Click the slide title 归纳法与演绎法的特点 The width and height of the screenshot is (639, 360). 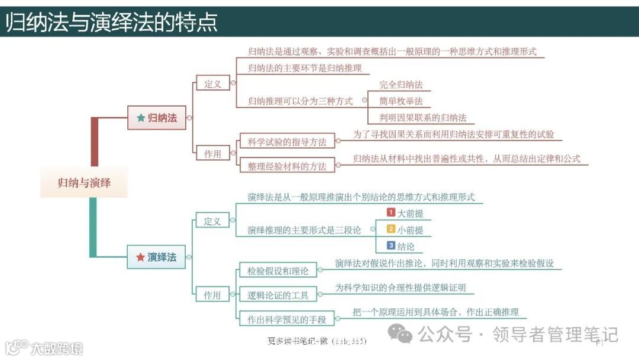(112, 22)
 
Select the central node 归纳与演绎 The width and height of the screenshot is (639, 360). (84, 183)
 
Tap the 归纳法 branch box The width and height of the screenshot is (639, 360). (156, 118)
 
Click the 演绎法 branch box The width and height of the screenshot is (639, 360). (156, 257)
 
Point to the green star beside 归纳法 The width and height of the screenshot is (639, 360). (141, 118)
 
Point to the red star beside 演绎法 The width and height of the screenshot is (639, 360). (140, 257)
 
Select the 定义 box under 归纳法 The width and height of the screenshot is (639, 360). (213, 83)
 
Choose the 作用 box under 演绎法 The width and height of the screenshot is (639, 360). (212, 295)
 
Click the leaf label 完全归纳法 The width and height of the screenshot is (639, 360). (401, 85)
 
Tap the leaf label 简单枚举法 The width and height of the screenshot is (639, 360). (401, 101)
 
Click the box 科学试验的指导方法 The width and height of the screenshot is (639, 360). (286, 142)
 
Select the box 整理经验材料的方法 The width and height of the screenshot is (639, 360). (286, 166)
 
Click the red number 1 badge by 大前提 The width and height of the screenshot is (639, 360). (390, 212)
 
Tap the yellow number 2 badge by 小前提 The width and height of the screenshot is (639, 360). (390, 229)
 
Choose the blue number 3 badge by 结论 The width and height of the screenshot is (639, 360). (390, 245)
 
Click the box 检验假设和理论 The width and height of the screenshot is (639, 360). (278, 271)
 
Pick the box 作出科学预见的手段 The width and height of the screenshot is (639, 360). (286, 320)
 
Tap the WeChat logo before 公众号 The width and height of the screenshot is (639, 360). (404, 336)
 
